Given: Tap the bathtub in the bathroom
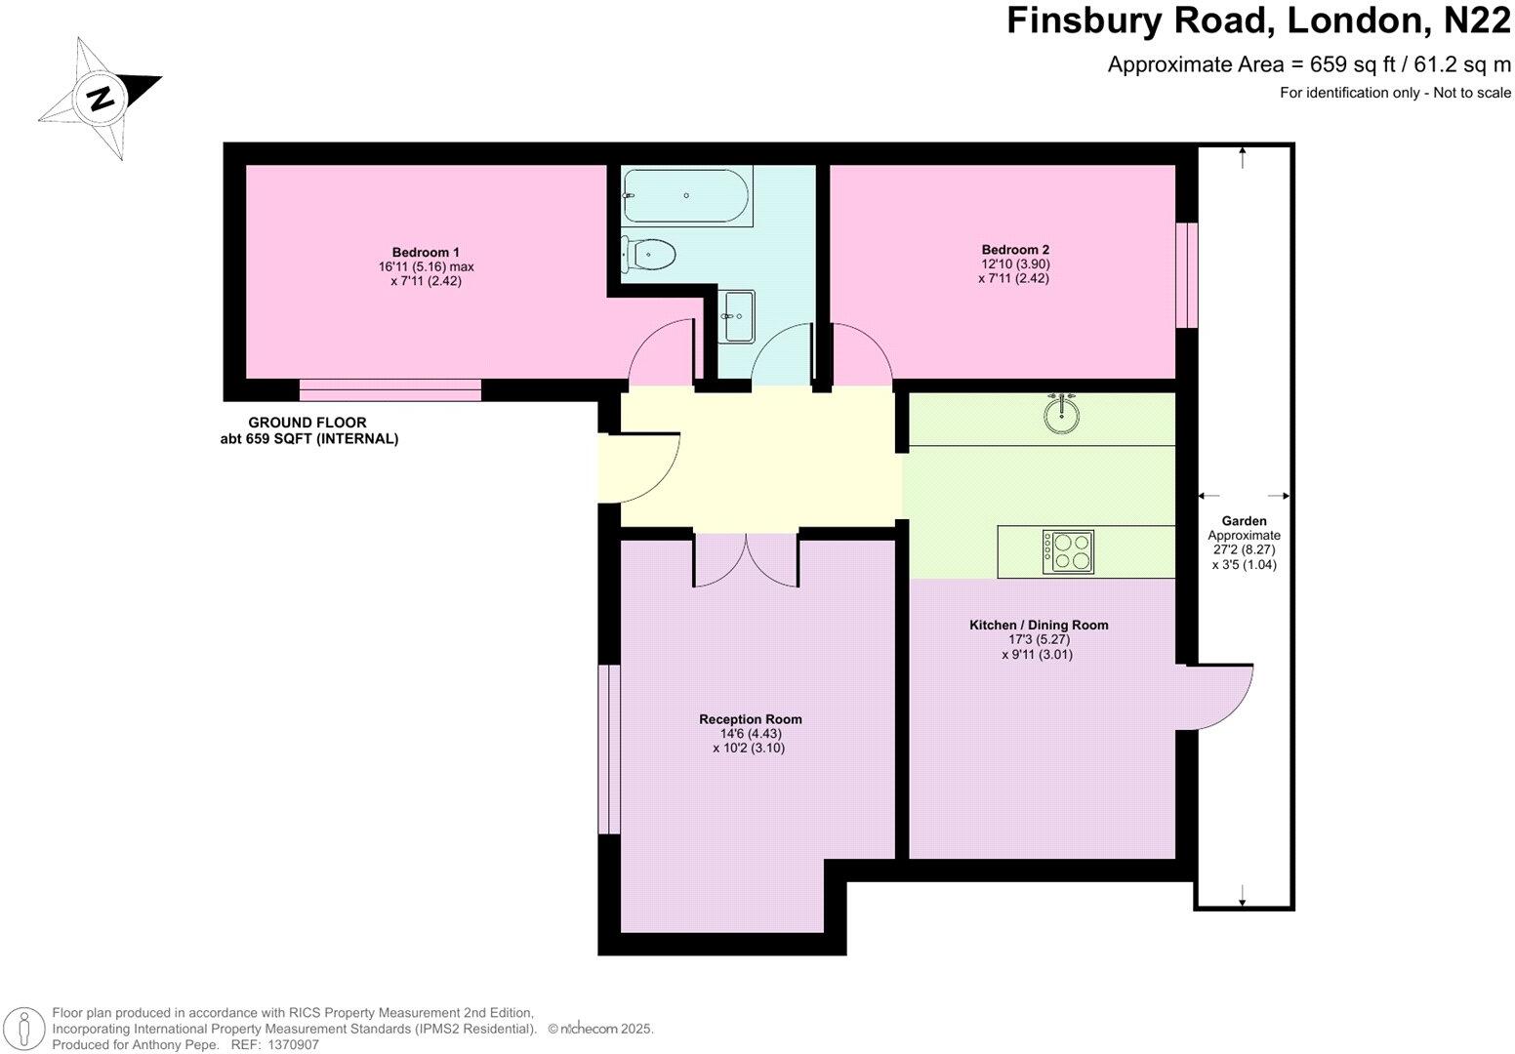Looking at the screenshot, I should (x=687, y=196).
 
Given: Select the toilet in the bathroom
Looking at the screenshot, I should (x=650, y=256).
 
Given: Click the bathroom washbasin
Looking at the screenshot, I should (x=738, y=315).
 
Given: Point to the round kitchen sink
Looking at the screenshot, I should (x=1061, y=414).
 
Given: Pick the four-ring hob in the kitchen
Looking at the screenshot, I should (x=1068, y=552).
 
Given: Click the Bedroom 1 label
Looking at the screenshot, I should (x=426, y=252).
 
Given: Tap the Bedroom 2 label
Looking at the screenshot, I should (x=1015, y=249).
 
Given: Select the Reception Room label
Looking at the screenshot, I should (x=750, y=719).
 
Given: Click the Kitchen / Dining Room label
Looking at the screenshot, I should (x=1039, y=625).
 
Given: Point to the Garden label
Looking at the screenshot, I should (x=1244, y=521).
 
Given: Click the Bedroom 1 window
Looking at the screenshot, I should (x=390, y=390).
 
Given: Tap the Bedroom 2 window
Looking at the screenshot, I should (x=1186, y=275).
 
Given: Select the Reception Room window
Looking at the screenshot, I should (x=609, y=750).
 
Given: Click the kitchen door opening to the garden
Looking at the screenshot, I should (x=1215, y=697).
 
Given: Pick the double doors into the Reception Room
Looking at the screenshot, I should (x=747, y=560).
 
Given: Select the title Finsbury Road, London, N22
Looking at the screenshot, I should (x=1258, y=21).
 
